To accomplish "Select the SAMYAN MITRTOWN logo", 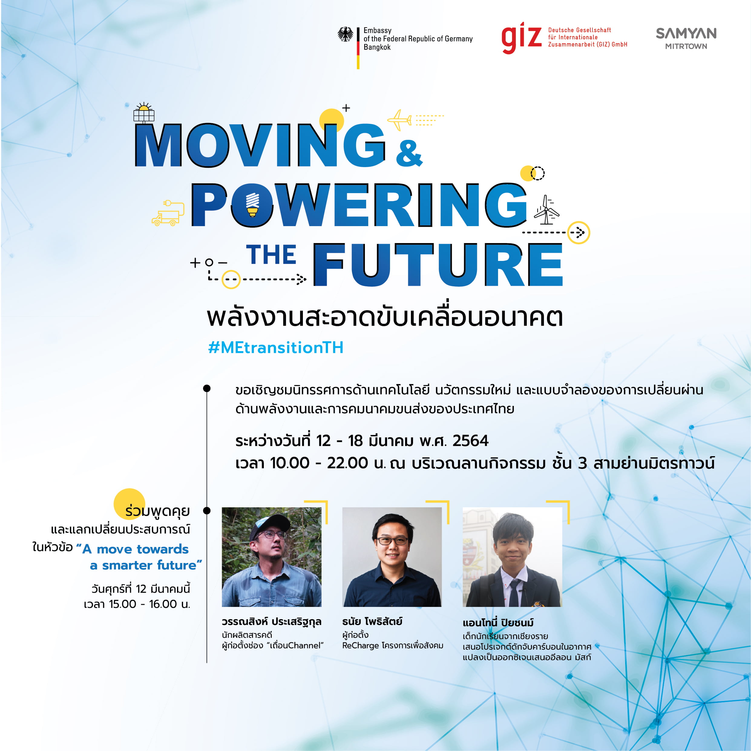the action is click(686, 38).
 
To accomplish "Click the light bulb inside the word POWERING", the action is click(253, 205).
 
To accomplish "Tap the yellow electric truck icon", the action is click(168, 213).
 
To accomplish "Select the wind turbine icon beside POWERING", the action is click(546, 210).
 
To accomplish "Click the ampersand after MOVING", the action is click(409, 153).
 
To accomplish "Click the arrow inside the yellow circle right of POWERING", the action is click(579, 232).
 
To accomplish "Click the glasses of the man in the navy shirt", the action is click(392, 541).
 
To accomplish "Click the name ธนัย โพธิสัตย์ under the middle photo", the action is click(372, 621).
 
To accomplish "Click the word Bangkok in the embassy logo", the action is click(377, 47).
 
